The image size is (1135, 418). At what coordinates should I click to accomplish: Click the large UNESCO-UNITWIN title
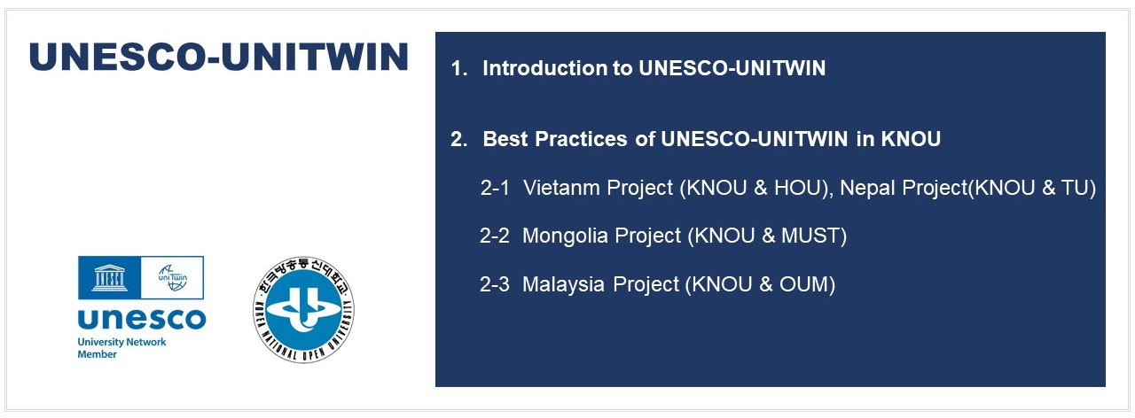(x=219, y=57)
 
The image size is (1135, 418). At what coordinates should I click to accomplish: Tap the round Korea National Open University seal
(x=303, y=310)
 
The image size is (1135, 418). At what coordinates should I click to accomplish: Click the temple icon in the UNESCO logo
(x=109, y=278)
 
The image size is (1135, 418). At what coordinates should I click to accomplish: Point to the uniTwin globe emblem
(x=173, y=277)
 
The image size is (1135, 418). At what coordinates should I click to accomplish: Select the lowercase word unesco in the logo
(x=142, y=319)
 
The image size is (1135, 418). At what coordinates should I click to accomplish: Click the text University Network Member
(x=121, y=348)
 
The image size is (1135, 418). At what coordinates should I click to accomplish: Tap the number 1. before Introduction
(x=459, y=68)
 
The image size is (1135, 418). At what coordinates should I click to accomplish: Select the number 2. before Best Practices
(x=459, y=139)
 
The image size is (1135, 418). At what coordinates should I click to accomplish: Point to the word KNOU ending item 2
(x=911, y=139)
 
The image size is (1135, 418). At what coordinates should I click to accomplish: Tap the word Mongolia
(x=565, y=236)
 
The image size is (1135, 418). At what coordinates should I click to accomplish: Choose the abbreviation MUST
(x=810, y=236)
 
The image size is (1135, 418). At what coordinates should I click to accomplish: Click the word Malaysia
(x=563, y=284)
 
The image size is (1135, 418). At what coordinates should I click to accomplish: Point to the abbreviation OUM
(x=803, y=284)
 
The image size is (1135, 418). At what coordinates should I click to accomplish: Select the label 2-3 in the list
(x=495, y=284)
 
